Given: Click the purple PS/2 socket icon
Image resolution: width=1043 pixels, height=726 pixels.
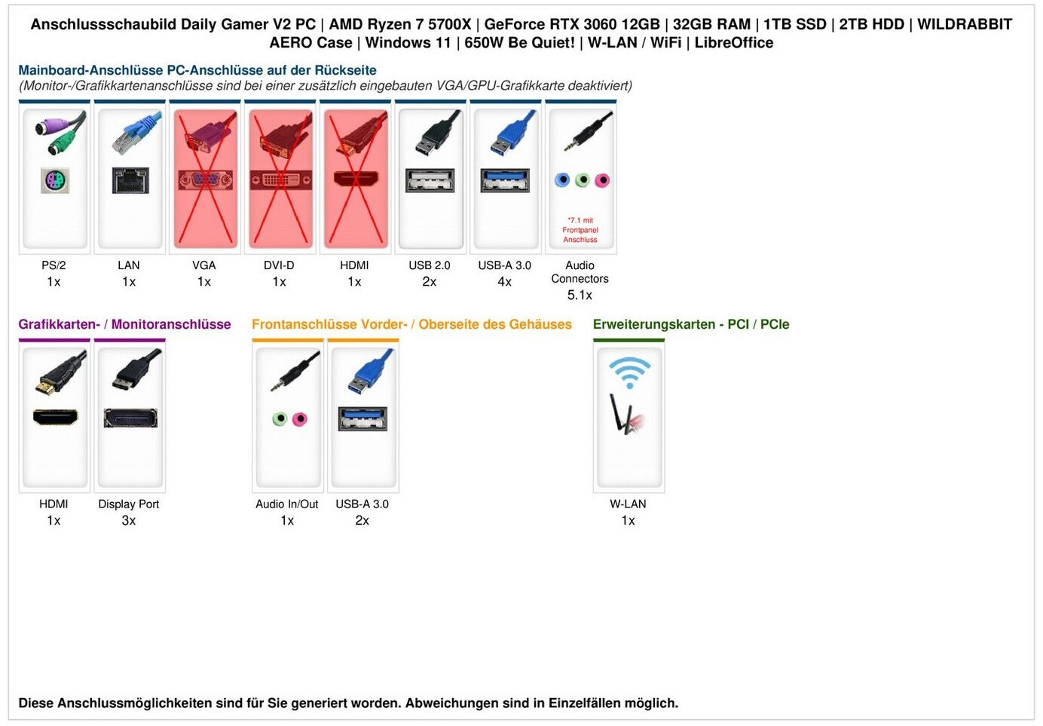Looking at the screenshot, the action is (x=54, y=181).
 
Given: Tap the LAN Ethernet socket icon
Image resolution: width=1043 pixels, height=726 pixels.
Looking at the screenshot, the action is (x=130, y=180).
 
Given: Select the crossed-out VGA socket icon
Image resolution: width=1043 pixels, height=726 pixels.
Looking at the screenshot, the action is (x=205, y=180).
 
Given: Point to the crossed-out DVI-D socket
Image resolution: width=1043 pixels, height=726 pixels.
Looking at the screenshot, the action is (x=280, y=180).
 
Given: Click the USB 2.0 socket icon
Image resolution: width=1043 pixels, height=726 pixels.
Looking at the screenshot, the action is (x=430, y=180).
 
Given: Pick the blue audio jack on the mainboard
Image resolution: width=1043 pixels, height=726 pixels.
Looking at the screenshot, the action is (x=562, y=180).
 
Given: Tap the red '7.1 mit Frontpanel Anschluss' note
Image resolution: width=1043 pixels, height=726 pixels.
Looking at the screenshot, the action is (x=580, y=230).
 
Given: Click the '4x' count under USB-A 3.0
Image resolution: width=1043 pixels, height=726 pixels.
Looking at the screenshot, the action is (x=505, y=282).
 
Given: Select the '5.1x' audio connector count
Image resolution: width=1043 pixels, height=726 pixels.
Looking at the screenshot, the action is (x=580, y=295).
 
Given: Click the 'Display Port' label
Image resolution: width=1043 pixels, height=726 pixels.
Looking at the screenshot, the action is (x=129, y=504).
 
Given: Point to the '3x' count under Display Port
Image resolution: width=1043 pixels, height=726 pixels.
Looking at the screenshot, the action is (x=129, y=520).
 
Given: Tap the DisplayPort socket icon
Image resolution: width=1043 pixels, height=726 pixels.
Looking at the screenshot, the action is (x=130, y=418).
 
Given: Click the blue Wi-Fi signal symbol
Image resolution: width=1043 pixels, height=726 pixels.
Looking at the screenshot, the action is (x=629, y=372).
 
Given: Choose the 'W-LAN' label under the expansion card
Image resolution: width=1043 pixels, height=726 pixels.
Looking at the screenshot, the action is (x=628, y=504).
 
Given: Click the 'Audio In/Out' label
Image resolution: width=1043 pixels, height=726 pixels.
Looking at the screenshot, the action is (x=287, y=504).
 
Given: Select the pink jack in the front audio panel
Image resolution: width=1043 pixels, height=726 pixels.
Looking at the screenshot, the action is (x=299, y=418).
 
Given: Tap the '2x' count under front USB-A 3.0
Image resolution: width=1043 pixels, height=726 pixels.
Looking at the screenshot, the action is (x=362, y=520).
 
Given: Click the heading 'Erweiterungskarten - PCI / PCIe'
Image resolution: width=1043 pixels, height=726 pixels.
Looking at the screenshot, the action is (x=691, y=324).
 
